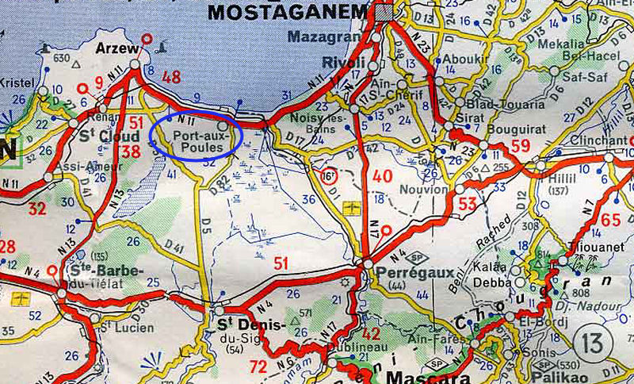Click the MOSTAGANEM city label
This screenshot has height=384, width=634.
(x=288, y=12)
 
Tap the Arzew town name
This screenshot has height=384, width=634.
(x=112, y=49)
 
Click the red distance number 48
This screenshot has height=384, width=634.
(x=171, y=77)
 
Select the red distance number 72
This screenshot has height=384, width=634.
(x=258, y=366)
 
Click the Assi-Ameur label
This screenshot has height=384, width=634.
(x=86, y=167)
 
